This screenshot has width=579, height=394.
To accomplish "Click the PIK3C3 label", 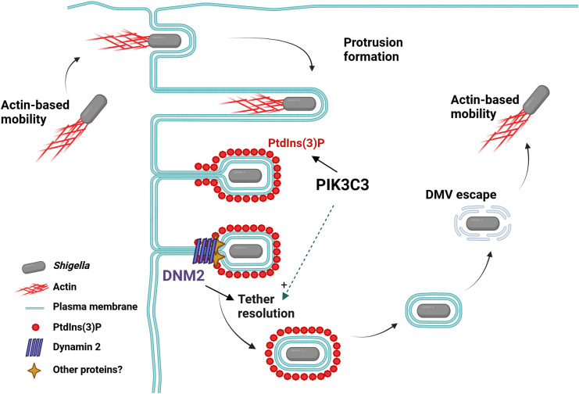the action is coord(342,184).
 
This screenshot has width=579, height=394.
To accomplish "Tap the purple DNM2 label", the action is coord(184,275).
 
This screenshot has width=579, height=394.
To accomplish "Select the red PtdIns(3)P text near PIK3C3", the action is coord(296,143).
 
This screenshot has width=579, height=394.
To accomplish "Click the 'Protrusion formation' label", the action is coord(373,49).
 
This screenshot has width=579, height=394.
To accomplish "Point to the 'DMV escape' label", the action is coord(461,195).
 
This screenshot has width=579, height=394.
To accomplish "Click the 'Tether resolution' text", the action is coord(266,306).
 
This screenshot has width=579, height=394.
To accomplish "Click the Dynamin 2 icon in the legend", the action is coord(34,347).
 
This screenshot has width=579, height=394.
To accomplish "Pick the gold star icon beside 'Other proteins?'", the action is coord(34,371).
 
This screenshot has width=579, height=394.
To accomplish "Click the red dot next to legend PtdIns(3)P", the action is coord(36,327).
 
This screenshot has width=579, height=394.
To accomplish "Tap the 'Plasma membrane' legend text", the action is coord(95,306).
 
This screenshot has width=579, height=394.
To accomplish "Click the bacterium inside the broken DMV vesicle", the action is coord(483,224).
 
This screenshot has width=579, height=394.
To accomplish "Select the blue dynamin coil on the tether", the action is coord(204,252).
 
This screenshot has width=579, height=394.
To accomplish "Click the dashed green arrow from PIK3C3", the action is coord(309,252).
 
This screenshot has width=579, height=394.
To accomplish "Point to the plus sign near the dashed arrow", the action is coord(284,285).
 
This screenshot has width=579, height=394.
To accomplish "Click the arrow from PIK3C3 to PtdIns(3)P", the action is coord(324,163).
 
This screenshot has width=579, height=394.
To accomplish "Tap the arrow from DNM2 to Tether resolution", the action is coord(220,292).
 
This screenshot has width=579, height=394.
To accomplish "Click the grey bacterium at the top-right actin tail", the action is coord(536,100).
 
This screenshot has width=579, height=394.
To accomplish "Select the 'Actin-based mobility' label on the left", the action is coord(35,112).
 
